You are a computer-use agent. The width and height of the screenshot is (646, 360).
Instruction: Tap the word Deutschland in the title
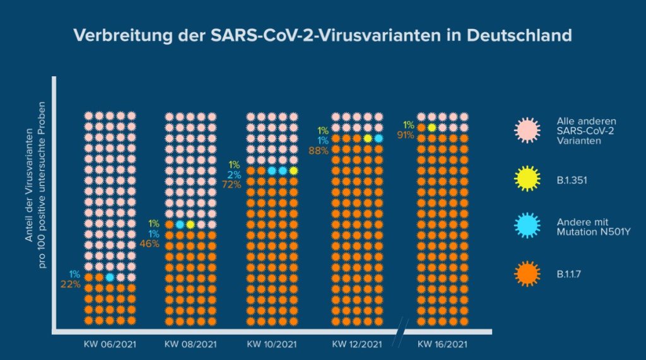pyautogui.click(x=519, y=35)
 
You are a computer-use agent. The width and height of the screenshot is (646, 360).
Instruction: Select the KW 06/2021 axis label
pyautogui.click(x=110, y=344)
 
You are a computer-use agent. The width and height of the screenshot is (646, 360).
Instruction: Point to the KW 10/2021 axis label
pyautogui.click(x=271, y=344)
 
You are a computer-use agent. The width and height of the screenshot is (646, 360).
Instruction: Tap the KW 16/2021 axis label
pyautogui.click(x=442, y=344)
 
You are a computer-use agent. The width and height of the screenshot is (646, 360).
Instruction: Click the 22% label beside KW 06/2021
pyautogui.click(x=71, y=284)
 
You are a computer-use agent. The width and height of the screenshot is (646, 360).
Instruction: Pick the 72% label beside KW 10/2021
pyautogui.click(x=232, y=184)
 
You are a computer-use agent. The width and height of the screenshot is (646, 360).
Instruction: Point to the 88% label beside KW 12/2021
pyautogui.click(x=318, y=150)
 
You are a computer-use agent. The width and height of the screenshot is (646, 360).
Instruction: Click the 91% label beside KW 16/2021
pyautogui.click(x=405, y=134)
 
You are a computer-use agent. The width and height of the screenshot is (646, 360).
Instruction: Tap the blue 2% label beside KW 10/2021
pyautogui.click(x=233, y=175)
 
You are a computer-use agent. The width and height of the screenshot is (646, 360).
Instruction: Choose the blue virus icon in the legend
pyautogui.click(x=527, y=226)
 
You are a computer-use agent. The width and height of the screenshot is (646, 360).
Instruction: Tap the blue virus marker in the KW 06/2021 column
pyautogui.click(x=110, y=277)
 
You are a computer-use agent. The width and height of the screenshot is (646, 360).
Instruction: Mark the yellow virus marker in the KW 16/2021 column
pyautogui.click(x=432, y=127)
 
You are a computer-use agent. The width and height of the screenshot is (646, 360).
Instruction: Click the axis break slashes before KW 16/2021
pyautogui.click(x=401, y=333)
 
